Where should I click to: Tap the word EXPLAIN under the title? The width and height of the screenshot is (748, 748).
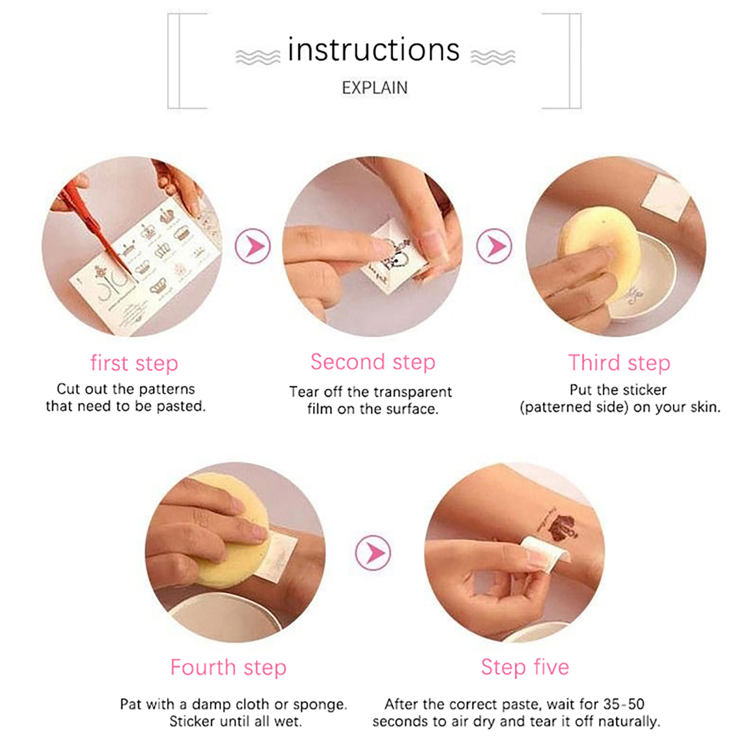(x=374, y=88)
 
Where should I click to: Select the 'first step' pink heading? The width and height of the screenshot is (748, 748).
(x=134, y=363)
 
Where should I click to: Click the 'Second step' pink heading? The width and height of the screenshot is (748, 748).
(x=373, y=362)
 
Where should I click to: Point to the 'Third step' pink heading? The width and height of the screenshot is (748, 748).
(x=619, y=363)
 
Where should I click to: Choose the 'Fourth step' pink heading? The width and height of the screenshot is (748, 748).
(x=228, y=667)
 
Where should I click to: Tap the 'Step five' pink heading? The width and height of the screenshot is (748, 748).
(x=525, y=667)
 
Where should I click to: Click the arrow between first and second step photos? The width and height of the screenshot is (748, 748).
(x=253, y=246)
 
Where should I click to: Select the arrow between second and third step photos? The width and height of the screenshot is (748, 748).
(x=494, y=246)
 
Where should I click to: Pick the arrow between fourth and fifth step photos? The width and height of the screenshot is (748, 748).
(x=373, y=553)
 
